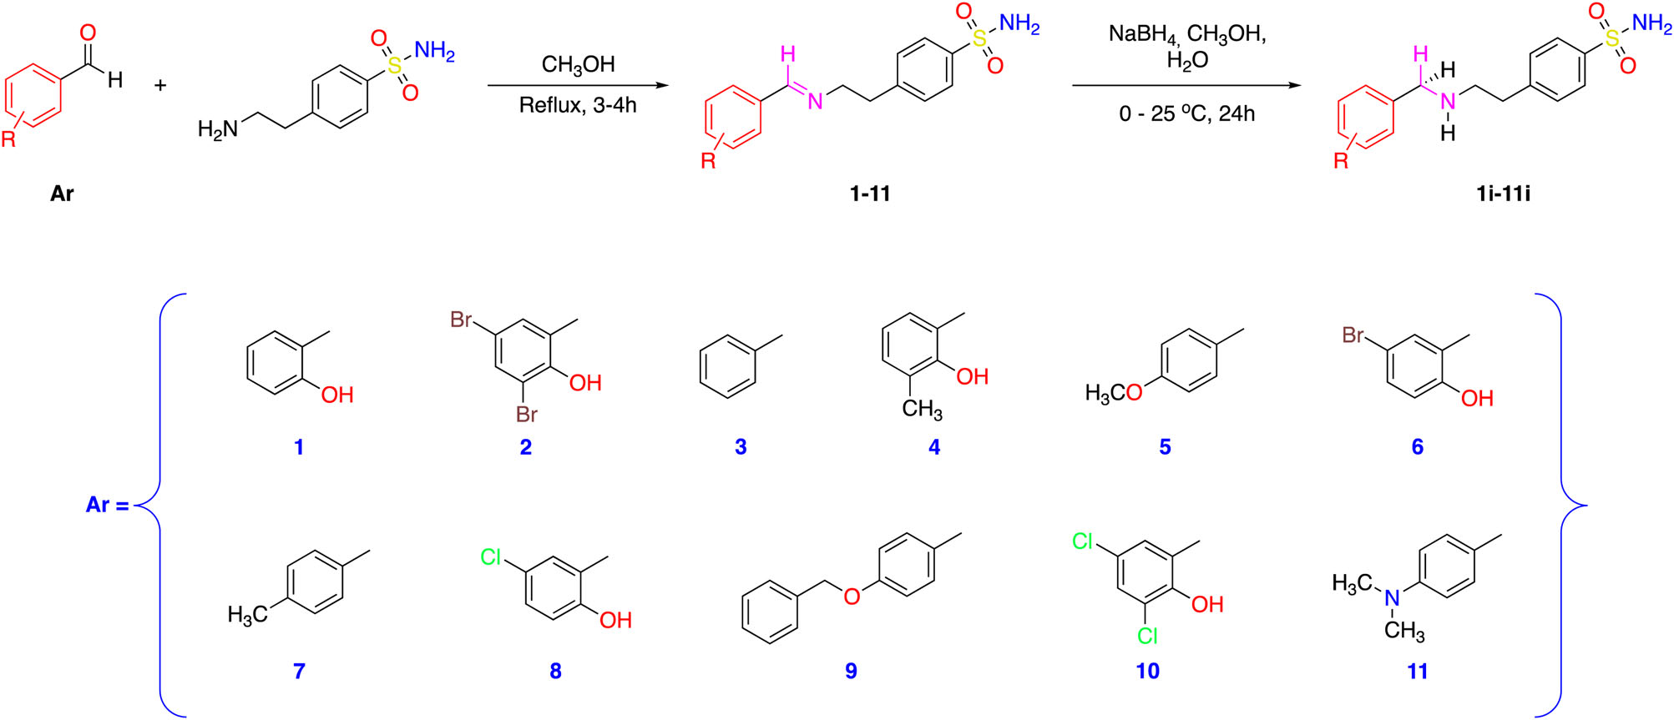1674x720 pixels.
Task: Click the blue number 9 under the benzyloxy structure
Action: [851, 671]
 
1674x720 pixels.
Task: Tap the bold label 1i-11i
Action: [1503, 194]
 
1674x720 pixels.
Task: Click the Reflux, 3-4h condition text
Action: [578, 105]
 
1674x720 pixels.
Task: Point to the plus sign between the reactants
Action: [160, 85]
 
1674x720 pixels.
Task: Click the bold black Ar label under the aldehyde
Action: [62, 194]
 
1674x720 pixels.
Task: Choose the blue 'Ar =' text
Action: [108, 505]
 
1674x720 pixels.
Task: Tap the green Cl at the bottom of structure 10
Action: [1147, 636]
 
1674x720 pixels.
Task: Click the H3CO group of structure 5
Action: [1113, 393]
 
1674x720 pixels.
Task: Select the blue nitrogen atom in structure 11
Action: [1392, 598]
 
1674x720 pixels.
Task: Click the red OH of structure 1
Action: [337, 395]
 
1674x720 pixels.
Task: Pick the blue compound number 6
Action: [1417, 447]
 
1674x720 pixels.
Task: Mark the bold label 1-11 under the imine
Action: [870, 194]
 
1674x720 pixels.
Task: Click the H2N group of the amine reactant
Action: [218, 129]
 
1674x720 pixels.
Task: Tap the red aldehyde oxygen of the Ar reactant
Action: [88, 33]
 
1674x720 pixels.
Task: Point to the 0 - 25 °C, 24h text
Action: [1186, 113]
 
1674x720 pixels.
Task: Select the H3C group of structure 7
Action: [247, 616]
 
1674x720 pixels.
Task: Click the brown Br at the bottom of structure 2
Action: [526, 414]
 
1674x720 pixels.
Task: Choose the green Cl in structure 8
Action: [491, 556]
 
